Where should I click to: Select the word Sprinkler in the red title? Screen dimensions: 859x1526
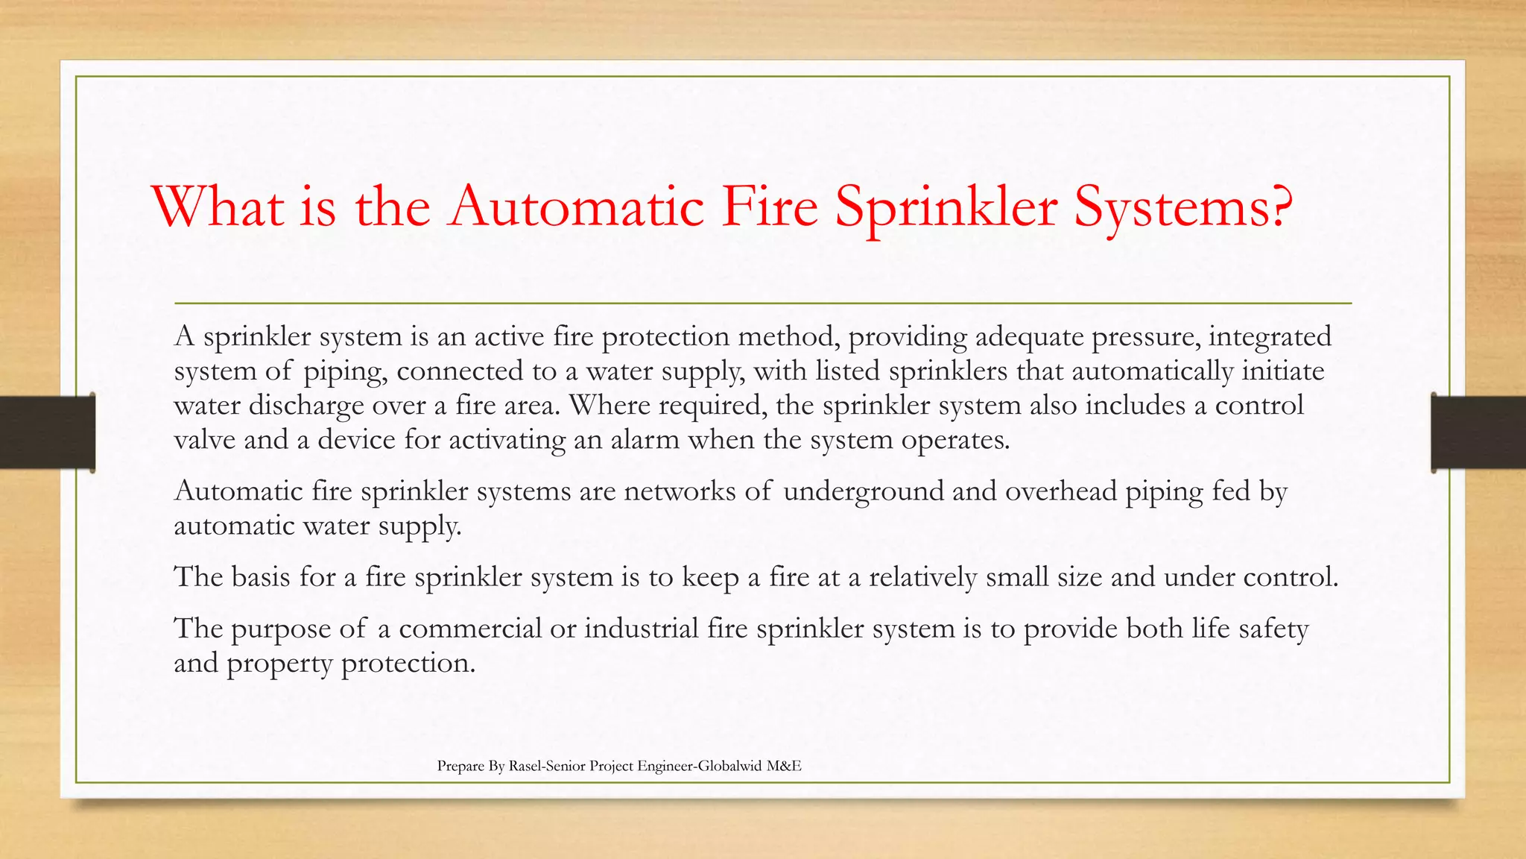point(946,207)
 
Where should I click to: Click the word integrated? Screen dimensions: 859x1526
point(1270,337)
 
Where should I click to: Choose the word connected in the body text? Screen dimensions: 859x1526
point(460,371)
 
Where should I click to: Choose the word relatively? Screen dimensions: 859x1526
point(922,577)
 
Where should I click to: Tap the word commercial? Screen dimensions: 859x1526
point(470,629)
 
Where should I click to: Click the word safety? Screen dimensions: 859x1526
point(1273,629)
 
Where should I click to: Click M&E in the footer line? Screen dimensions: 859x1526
point(784,766)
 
